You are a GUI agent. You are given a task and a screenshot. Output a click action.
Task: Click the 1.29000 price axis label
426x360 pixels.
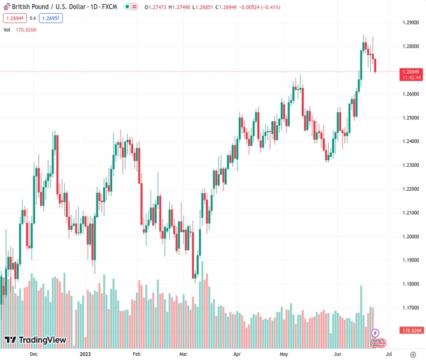click(410, 23)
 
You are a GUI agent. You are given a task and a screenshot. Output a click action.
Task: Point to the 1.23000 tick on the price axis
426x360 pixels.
click(410, 165)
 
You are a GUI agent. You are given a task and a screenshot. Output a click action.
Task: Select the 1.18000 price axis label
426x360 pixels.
click(410, 284)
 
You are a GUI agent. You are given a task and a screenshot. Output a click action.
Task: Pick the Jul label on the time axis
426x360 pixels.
click(388, 354)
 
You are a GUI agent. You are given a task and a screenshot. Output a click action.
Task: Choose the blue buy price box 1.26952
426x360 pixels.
click(51, 18)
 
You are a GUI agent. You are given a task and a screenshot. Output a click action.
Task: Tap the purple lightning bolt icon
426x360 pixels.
click(376, 333)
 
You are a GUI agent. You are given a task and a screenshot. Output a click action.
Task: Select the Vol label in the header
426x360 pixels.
click(7, 29)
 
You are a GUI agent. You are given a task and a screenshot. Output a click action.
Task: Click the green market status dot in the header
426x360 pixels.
click(125, 6)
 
